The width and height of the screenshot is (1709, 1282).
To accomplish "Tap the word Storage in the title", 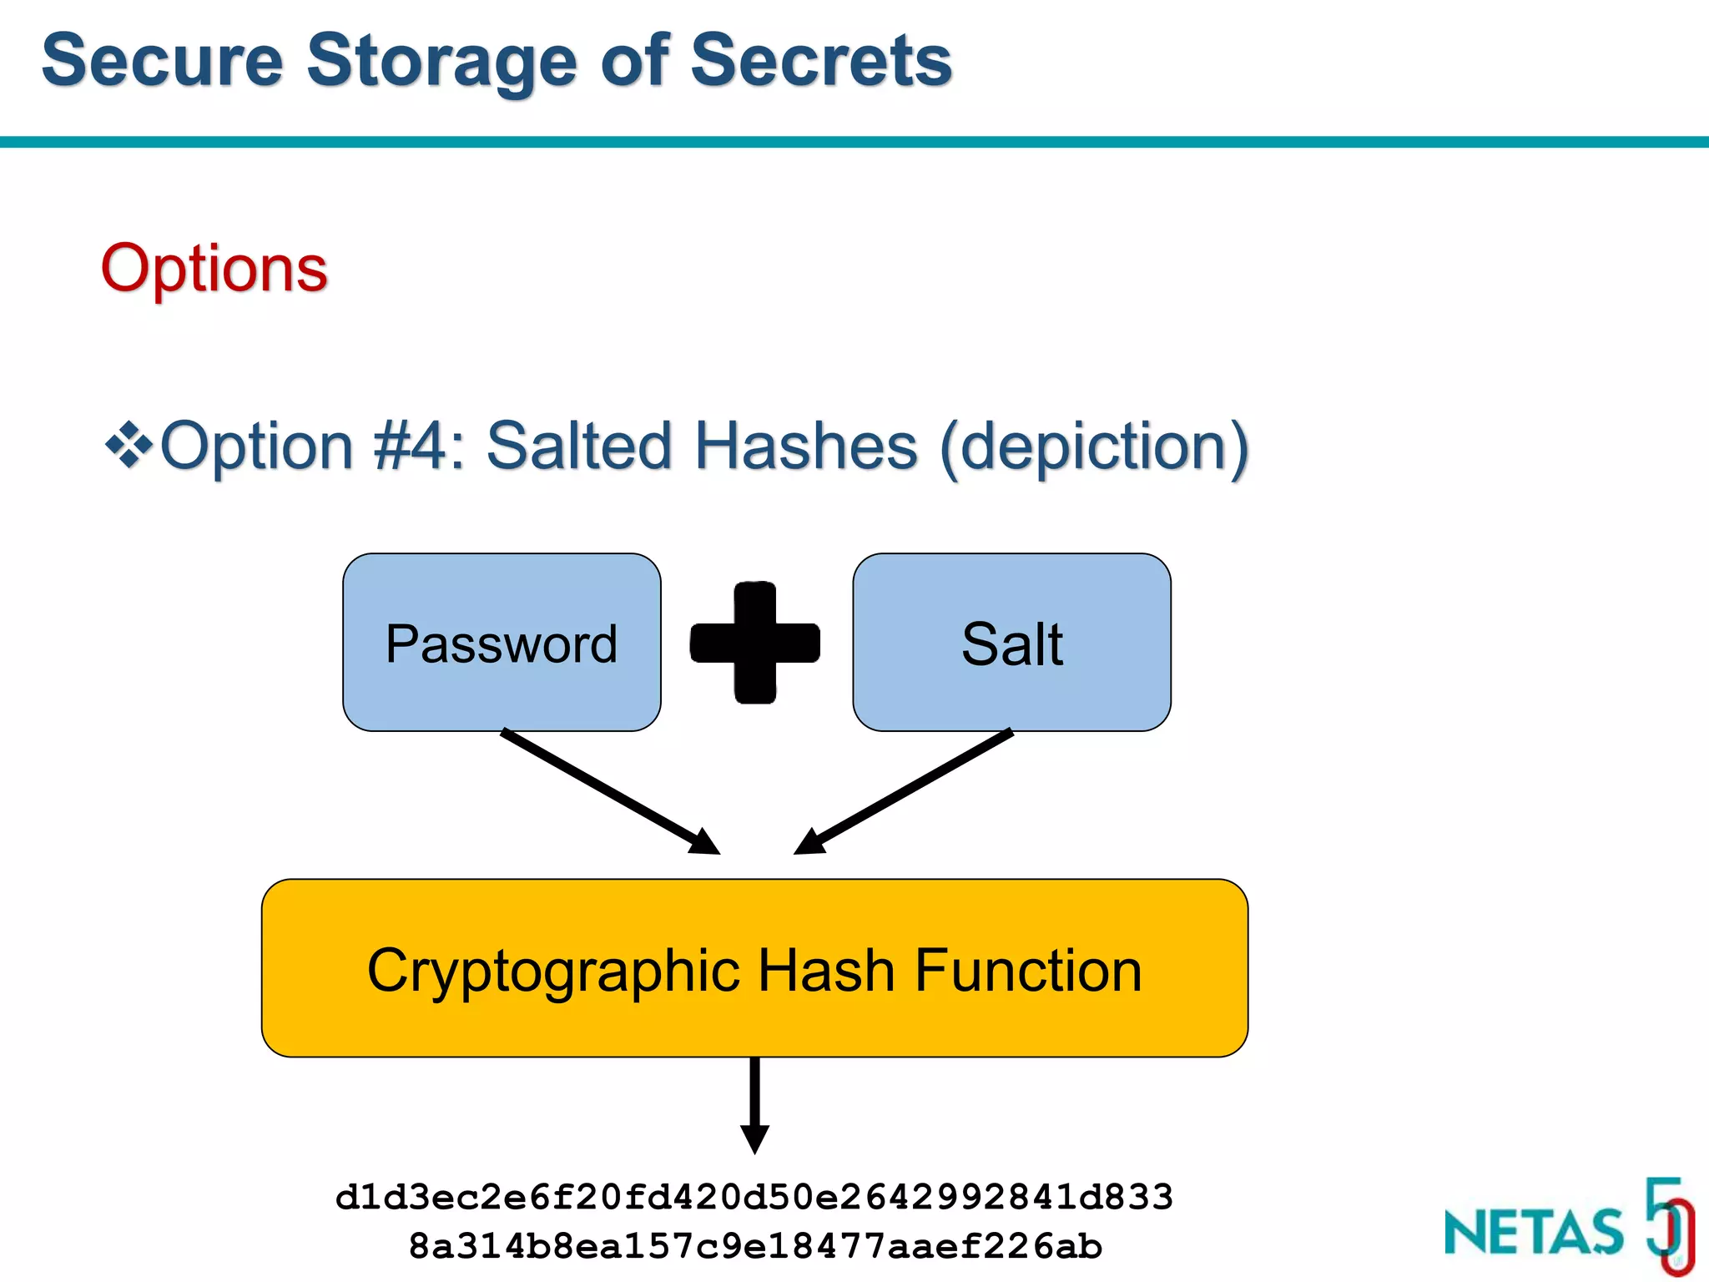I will (442, 60).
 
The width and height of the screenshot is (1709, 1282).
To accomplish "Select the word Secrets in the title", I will (821, 60).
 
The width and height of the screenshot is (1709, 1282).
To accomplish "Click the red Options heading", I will (214, 269).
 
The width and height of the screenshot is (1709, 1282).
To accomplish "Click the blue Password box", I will (502, 643).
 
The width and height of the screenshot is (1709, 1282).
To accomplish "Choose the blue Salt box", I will (1011, 643).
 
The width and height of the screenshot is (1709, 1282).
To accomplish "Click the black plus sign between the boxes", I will (755, 643).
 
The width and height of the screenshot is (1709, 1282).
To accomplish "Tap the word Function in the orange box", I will (1028, 971).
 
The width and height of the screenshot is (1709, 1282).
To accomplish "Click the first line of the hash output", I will (754, 1198).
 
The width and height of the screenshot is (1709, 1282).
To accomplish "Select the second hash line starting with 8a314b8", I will (754, 1246).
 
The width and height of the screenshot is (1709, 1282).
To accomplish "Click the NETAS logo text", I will (1534, 1232).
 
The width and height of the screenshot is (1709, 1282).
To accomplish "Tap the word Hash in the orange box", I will (826, 971).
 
